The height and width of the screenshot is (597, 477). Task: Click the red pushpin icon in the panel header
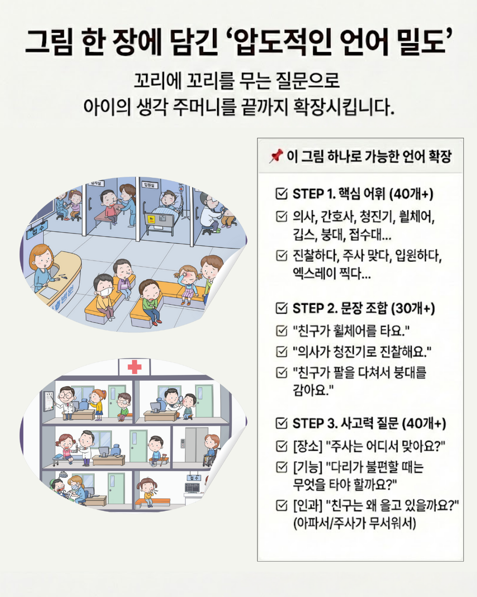276,156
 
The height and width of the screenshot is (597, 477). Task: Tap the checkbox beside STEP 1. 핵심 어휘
281,194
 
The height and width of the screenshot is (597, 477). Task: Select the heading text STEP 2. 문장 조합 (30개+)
363,308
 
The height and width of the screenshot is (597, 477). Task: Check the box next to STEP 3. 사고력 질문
281,423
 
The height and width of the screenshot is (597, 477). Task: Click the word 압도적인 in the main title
282,42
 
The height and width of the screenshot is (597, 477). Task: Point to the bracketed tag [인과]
307,505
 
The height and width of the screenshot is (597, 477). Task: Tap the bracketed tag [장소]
307,446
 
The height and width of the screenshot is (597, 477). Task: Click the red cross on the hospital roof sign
134,367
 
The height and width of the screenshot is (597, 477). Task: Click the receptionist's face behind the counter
42,259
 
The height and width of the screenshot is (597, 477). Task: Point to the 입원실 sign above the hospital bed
150,184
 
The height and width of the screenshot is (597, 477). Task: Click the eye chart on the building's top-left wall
49,400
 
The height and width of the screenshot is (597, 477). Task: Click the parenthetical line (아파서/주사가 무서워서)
355,524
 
